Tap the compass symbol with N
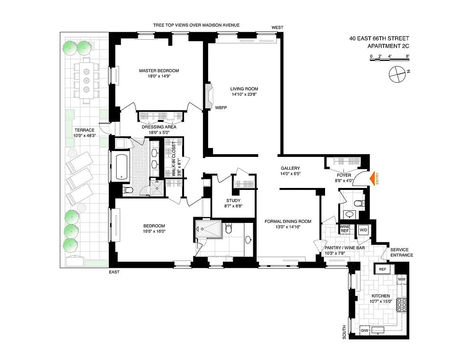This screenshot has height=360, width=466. [398, 74]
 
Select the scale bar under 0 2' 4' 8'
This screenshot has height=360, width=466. [389, 60]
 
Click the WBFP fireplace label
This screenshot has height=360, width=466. [221, 108]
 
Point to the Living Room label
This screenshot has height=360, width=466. [244, 89]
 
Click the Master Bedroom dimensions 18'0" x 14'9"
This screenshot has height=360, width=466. [159, 76]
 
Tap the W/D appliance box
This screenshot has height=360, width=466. [363, 230]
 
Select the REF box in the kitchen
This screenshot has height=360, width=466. [383, 269]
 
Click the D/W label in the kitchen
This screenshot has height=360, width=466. [365, 330]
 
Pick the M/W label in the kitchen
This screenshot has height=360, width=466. [402, 279]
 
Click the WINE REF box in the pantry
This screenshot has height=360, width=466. [344, 229]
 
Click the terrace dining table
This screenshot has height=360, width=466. [87, 80]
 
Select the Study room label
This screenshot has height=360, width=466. [233, 200]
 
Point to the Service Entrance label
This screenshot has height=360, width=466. [402, 252]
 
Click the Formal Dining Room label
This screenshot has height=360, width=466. [288, 221]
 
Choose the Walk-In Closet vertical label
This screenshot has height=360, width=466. [176, 159]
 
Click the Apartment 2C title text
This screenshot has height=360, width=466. [388, 46]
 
